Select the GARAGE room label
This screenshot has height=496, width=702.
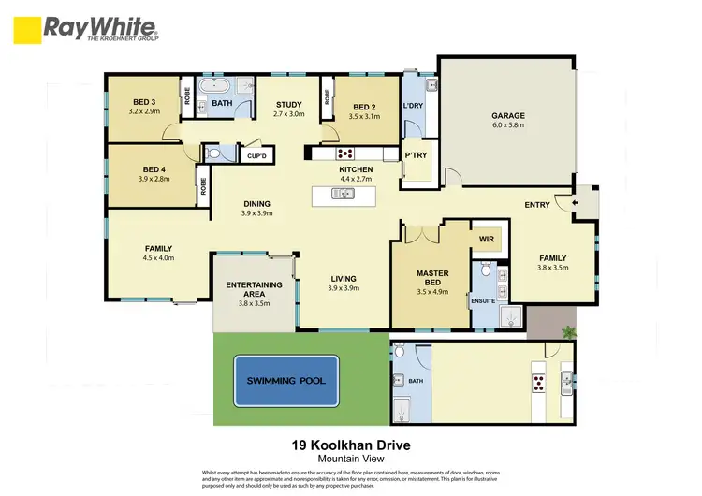(x=508, y=117)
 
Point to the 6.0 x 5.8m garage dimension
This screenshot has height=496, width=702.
(x=508, y=127)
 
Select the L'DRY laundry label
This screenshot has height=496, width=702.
(x=414, y=106)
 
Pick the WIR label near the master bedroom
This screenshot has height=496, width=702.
(x=485, y=240)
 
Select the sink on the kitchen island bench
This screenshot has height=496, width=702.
(x=343, y=195)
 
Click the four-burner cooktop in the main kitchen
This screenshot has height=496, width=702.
(x=344, y=153)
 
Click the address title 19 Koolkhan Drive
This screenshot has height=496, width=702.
(x=352, y=446)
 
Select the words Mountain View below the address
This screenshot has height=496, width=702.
(x=352, y=460)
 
